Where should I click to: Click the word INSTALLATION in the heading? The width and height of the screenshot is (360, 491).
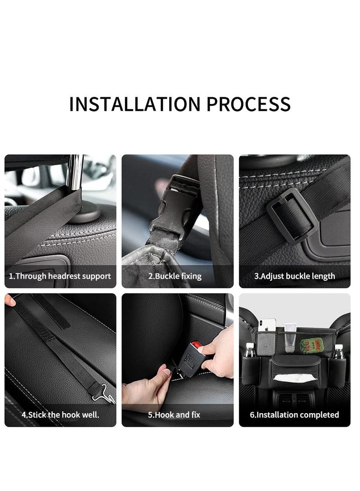[133, 104]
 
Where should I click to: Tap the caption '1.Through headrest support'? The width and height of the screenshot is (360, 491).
[60, 276]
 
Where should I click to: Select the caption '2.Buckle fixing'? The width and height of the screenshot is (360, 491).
[175, 276]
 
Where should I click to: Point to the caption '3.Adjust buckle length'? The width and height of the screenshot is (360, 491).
[295, 276]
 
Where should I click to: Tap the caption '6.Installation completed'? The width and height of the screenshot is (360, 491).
[295, 414]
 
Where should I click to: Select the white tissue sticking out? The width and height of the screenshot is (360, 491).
[291, 378]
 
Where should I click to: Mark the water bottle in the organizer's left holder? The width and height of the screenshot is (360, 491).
[250, 351]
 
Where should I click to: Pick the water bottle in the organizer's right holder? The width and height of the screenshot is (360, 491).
[338, 351]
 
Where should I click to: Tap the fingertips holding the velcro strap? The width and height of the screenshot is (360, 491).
[10, 300]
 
